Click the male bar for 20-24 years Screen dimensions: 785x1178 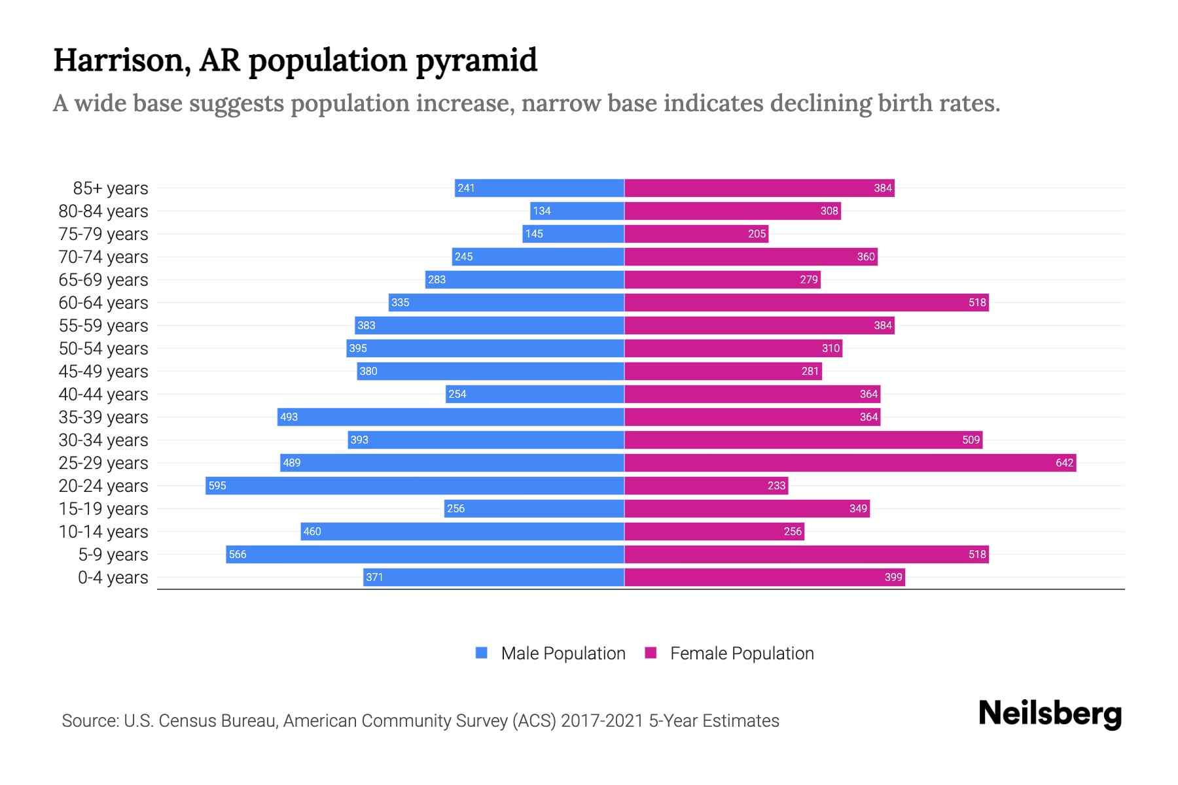(x=415, y=485)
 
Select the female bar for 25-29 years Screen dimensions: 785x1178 (x=849, y=462)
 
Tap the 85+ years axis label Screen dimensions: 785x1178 (x=110, y=188)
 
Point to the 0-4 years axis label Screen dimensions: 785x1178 (x=113, y=578)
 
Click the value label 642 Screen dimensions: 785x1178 (x=1064, y=462)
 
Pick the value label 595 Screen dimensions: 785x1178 (x=217, y=485)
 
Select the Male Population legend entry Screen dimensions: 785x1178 (x=563, y=653)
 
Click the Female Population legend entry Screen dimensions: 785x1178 (x=741, y=653)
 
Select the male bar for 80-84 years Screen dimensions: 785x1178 (x=577, y=211)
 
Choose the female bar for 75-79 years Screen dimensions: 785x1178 (x=696, y=234)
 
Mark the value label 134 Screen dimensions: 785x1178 (x=542, y=211)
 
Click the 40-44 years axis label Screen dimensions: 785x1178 (x=103, y=394)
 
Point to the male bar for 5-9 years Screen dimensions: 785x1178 (x=425, y=554)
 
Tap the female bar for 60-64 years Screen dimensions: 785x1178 (x=806, y=302)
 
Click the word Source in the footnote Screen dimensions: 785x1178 (x=89, y=721)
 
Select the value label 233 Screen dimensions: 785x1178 (x=776, y=485)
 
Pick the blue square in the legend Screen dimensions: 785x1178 (x=482, y=653)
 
